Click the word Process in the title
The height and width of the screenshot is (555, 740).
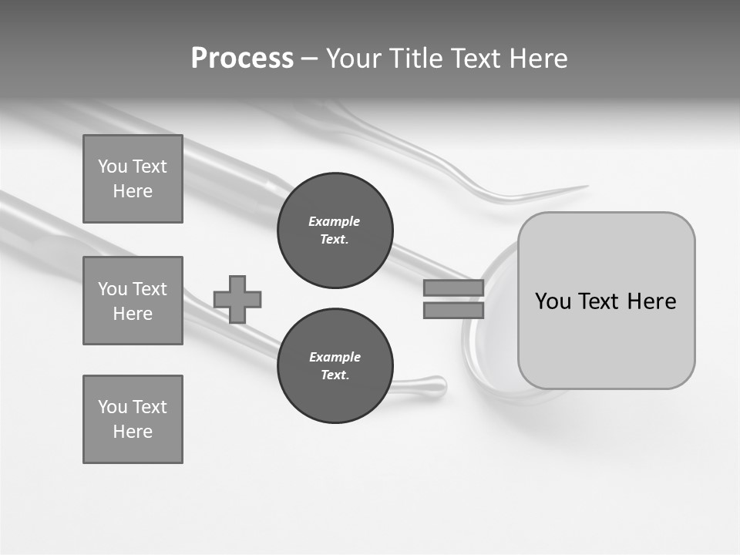click(x=242, y=59)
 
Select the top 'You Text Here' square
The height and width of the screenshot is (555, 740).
click(x=133, y=179)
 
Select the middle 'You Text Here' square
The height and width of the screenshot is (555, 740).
click(x=133, y=301)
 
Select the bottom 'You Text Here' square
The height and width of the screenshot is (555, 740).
click(x=133, y=419)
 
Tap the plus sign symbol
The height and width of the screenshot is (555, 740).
click(x=237, y=299)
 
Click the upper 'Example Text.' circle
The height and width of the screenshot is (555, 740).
click(x=335, y=230)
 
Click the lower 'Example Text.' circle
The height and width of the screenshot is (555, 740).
click(x=335, y=366)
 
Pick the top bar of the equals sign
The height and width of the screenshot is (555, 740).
click(x=453, y=288)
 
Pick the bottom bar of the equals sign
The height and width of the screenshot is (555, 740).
click(x=453, y=310)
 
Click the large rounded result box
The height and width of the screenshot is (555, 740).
click(x=606, y=301)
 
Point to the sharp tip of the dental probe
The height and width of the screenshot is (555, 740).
click(x=586, y=186)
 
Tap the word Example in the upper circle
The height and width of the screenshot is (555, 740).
click(x=335, y=221)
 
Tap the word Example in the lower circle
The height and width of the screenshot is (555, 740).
click(x=335, y=357)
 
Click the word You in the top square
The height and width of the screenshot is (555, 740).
click(x=112, y=166)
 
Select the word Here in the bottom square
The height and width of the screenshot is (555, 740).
click(x=133, y=432)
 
